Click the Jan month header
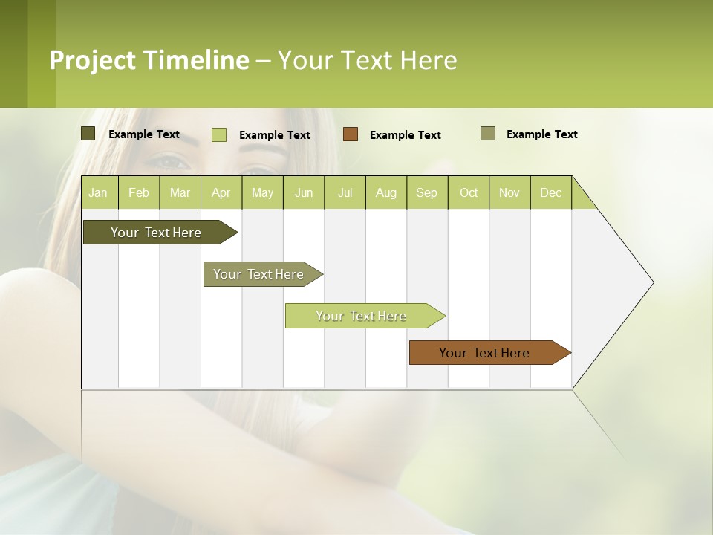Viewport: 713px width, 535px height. click(98, 192)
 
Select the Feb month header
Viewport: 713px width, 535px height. click(139, 192)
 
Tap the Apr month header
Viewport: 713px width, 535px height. click(221, 192)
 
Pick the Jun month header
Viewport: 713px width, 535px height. click(304, 192)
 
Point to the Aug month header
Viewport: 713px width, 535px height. click(385, 192)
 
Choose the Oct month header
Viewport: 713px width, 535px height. click(469, 192)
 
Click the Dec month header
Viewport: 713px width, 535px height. click(550, 192)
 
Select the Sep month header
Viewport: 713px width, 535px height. click(426, 192)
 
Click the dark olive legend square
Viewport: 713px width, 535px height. click(88, 134)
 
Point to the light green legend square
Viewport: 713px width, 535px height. click(219, 134)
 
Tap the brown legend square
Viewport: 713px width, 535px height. click(351, 134)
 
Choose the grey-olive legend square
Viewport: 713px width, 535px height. click(488, 134)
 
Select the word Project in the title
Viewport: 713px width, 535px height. click(92, 60)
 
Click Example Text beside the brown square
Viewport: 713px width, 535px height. click(405, 135)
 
